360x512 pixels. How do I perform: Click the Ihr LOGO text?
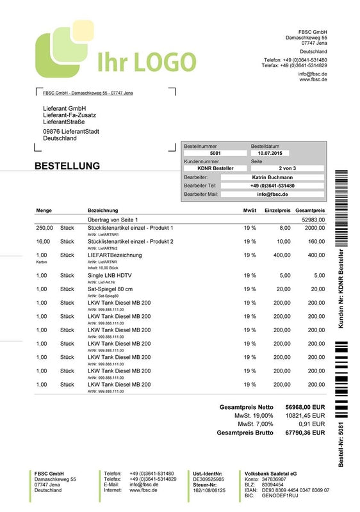tap(146, 61)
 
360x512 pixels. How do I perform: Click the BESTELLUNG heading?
tap(67, 166)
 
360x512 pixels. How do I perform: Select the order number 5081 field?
tap(215, 154)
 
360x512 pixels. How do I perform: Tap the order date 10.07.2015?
tap(270, 154)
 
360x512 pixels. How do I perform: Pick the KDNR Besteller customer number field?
tap(215, 168)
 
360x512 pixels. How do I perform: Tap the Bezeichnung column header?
tap(102, 211)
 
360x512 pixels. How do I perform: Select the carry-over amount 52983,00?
tap(313, 220)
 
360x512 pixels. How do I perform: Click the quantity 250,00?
tap(44, 228)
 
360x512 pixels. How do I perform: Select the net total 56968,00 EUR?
tap(305, 406)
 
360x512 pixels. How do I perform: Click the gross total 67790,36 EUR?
tap(305, 433)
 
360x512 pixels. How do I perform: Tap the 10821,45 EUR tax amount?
tap(305, 415)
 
